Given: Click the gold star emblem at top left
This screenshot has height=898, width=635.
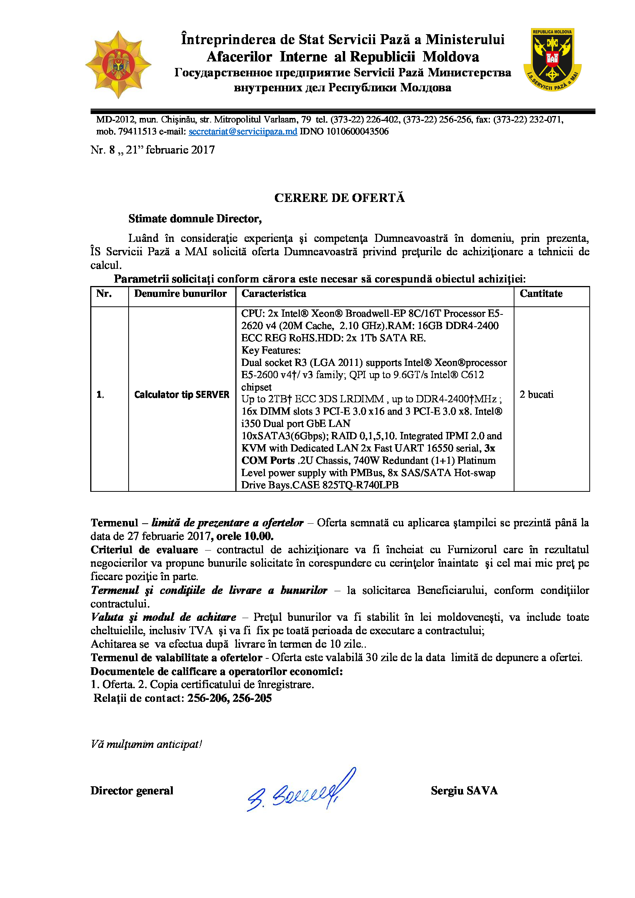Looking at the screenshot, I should [x=118, y=64].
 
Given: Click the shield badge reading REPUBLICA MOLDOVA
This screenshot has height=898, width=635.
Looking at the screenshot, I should [x=552, y=60].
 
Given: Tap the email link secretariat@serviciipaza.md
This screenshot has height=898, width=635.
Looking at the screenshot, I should [x=243, y=131].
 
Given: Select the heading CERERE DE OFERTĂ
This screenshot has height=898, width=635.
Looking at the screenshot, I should [x=339, y=198].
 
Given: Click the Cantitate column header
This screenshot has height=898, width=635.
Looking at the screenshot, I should [x=541, y=294].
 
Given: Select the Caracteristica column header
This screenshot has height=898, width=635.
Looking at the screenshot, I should [x=274, y=294].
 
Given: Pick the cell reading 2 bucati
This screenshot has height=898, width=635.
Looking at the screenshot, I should [x=536, y=394].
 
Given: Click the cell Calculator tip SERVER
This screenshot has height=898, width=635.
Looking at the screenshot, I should [x=182, y=395].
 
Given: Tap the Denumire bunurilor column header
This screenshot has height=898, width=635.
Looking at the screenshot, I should [x=180, y=294].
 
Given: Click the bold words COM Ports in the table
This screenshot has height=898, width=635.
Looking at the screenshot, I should [x=268, y=460].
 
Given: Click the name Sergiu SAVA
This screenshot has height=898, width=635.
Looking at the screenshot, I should [x=464, y=791].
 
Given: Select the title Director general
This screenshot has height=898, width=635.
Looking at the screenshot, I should [x=132, y=791].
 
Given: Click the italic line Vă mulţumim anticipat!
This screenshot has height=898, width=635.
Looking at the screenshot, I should [x=146, y=744].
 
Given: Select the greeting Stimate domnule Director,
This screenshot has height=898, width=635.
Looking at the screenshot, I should [x=195, y=218].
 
